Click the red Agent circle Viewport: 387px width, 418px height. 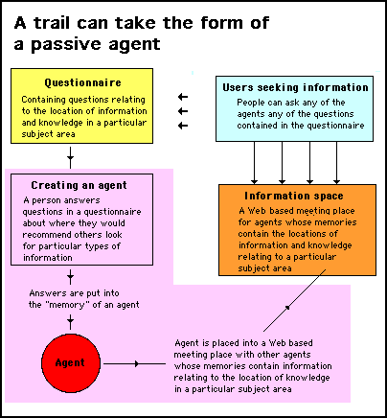point(71,363)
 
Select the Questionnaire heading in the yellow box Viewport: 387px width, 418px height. point(82,82)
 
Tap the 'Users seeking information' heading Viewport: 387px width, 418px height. point(295,87)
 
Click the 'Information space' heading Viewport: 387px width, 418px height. point(294,196)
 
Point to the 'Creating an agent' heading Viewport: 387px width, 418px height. point(79,185)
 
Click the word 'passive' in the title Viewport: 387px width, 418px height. point(66,44)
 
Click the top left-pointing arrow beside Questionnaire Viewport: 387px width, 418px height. point(183,97)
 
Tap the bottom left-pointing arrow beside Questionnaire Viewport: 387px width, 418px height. point(183,126)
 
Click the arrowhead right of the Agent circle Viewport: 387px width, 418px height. point(137,363)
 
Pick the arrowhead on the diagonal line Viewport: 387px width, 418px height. point(287,307)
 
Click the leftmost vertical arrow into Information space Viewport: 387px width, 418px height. point(254,163)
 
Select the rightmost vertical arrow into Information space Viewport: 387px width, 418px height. point(336,163)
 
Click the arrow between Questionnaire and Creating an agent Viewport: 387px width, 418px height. point(70,157)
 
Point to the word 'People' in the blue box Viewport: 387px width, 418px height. point(250,103)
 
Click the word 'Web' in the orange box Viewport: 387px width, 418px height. point(257,211)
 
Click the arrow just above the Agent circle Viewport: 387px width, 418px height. point(70,321)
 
